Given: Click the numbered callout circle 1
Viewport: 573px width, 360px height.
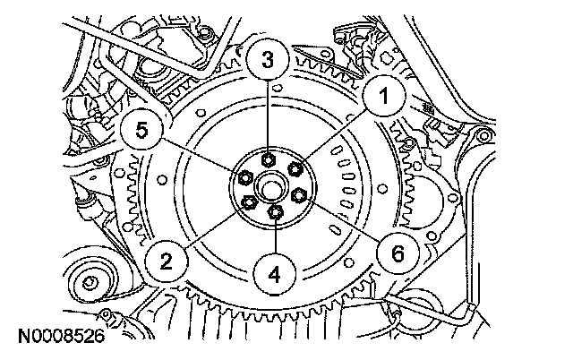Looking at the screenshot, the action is point(381,98).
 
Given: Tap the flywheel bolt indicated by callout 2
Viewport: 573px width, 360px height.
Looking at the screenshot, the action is point(248,202).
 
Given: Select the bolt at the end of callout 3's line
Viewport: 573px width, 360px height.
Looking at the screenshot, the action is point(269,159).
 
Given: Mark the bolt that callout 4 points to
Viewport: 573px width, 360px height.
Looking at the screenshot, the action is point(276,212).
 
